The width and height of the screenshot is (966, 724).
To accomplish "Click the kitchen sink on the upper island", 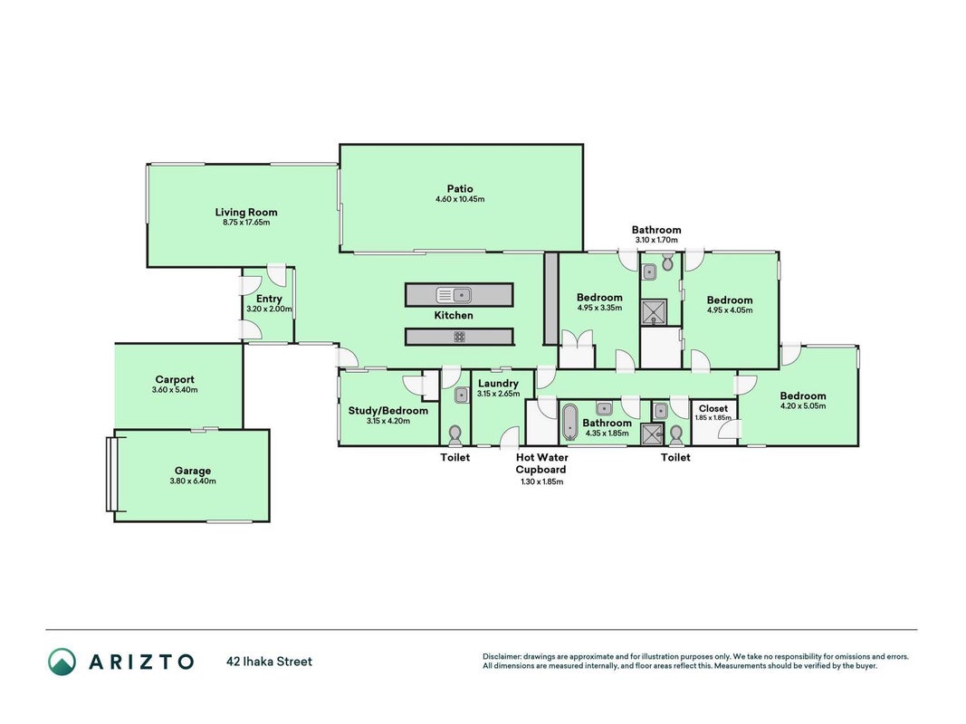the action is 454,295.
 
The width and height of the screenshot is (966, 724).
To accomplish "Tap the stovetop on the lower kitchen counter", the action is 460,337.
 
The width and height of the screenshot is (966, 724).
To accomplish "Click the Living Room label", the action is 246,213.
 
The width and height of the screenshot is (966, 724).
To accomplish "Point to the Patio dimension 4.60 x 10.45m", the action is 460,199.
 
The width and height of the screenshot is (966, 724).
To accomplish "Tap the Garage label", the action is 193,471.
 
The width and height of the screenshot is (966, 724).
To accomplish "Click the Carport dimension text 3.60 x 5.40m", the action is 175,390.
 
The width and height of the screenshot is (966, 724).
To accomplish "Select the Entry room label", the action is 269,299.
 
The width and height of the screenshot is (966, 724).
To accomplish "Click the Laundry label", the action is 499,384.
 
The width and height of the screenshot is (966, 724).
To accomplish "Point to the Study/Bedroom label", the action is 388,411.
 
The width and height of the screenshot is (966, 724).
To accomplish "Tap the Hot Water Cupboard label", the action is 541,463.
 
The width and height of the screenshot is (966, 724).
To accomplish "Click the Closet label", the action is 713,408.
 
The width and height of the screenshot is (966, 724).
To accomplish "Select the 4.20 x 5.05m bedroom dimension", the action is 803,405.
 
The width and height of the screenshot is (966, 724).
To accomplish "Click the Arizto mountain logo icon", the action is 62,662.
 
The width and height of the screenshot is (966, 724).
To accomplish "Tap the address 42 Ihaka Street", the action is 270,662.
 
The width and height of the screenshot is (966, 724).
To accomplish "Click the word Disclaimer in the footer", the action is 502,657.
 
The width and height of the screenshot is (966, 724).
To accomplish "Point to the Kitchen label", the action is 454,315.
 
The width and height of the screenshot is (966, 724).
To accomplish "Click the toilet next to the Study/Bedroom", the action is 455,434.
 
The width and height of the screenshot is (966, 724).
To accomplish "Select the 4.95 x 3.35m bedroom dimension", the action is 599,308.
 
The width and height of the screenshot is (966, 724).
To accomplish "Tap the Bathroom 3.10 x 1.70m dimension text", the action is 656,240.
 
